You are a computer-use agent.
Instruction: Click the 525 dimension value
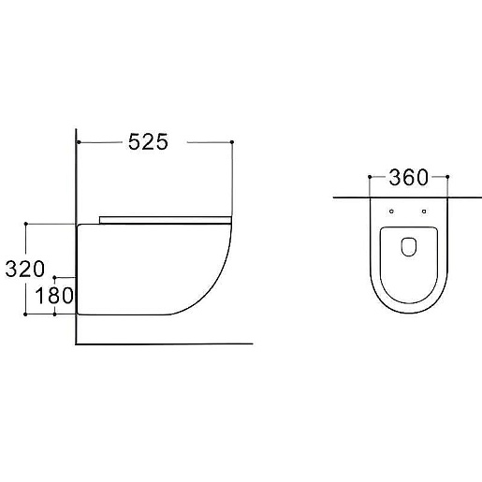148,142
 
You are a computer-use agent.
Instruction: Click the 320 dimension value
25,270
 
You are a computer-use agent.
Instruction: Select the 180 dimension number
54,296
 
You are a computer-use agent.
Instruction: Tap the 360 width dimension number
408,178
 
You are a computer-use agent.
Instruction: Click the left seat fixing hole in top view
391,212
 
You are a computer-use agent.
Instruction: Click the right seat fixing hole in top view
424,212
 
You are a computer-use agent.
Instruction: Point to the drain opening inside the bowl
409,247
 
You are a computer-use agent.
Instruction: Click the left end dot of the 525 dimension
79,142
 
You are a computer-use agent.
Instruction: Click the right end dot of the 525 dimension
232,142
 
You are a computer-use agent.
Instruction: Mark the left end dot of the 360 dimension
370,177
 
